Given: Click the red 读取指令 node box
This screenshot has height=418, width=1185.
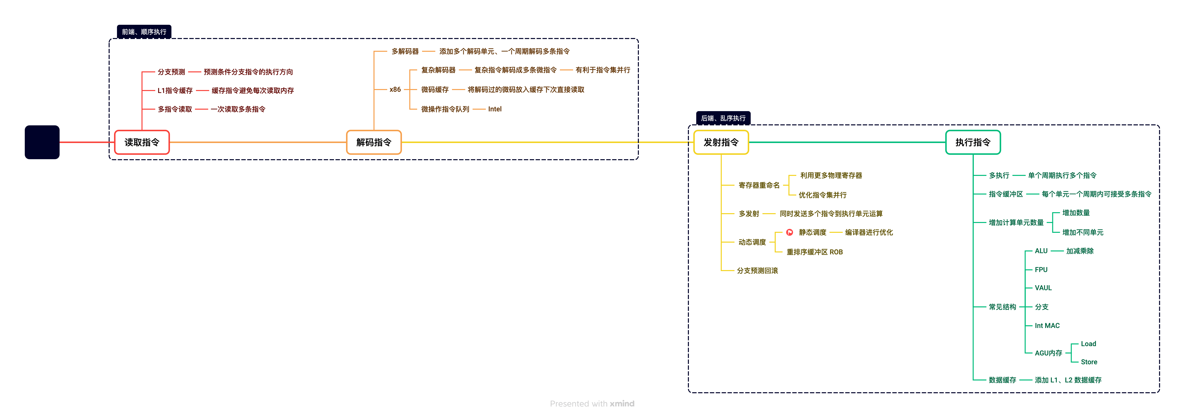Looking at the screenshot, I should (x=142, y=142).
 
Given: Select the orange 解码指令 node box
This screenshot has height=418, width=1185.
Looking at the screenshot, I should (x=374, y=142).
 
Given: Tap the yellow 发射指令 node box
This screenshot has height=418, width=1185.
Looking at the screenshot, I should (x=721, y=142).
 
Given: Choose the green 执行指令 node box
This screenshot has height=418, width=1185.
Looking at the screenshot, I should (x=972, y=142).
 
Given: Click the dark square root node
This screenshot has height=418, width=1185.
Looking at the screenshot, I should (x=42, y=142).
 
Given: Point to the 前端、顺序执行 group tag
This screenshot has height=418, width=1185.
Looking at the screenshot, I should (x=144, y=32).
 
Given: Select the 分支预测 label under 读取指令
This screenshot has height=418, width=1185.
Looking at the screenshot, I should (x=171, y=72).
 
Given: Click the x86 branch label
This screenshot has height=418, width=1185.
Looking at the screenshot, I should (x=395, y=89).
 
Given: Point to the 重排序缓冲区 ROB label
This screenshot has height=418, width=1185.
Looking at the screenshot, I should (x=814, y=252).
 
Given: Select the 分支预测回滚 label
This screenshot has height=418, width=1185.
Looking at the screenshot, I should (x=757, y=271).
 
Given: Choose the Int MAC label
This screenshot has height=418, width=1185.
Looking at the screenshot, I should (x=1047, y=326).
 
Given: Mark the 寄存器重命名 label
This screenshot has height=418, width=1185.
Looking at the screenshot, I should (x=759, y=185).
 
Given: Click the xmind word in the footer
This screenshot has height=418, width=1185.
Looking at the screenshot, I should (x=622, y=404).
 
